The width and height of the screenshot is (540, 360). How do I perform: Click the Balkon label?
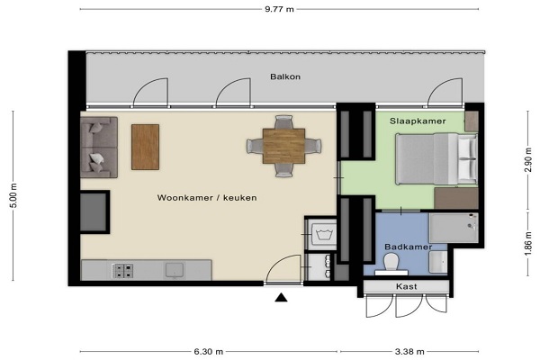click(285, 76)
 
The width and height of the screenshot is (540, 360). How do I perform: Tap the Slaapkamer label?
click(418, 121)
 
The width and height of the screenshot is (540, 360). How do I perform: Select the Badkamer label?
click(408, 247)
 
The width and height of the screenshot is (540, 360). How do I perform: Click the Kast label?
click(407, 286)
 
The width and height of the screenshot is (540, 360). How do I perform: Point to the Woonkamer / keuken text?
click(207, 198)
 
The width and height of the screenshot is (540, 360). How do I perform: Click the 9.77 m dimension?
click(279, 9)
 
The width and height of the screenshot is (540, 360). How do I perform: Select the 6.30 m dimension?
click(209, 352)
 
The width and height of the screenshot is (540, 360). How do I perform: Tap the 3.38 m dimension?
click(409, 352)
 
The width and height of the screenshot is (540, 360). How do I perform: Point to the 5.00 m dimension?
click(13, 195)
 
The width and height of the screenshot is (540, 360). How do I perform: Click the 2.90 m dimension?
click(528, 160)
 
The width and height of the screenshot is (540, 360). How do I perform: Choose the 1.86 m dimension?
click(528, 244)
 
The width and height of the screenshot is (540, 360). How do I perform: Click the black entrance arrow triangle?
click(281, 297)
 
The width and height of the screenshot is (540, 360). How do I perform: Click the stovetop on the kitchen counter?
click(123, 271)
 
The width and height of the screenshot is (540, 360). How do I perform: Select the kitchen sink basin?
click(175, 270)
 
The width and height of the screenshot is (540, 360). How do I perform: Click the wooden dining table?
click(283, 146)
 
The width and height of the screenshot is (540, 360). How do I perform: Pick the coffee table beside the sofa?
click(145, 147)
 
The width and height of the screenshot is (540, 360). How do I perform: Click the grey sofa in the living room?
click(99, 147)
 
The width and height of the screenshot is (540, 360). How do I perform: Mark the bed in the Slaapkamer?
click(436, 159)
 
